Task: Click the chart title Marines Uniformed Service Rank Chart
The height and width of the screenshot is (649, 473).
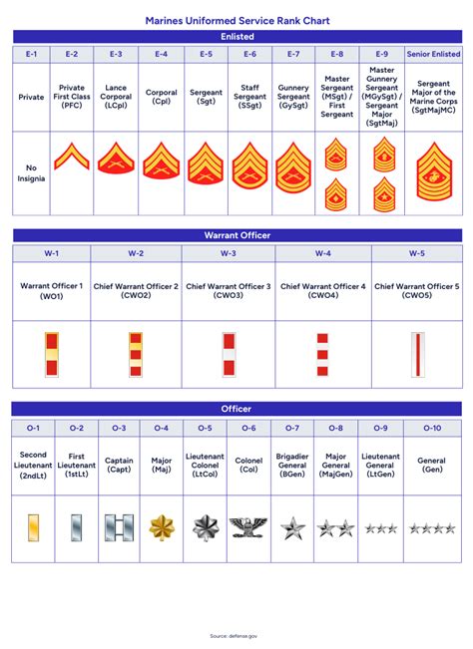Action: [236, 19]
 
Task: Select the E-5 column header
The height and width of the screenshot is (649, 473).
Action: [206, 54]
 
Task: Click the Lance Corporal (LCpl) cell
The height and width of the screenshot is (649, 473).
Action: [117, 98]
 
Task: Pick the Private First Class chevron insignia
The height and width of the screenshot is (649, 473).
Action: [72, 157]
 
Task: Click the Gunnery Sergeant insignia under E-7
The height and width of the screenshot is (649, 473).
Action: [293, 165]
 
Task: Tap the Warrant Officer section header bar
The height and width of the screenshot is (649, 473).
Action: [236, 235]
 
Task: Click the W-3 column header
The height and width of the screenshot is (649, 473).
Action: [228, 253]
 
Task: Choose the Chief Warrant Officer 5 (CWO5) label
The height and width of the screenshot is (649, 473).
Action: [416, 291]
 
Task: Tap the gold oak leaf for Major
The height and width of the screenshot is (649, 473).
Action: [161, 526]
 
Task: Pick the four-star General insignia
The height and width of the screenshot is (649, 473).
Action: [431, 527]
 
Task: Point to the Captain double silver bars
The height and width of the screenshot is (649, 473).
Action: [119, 527]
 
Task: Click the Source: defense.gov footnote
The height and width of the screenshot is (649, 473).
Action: [236, 635]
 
